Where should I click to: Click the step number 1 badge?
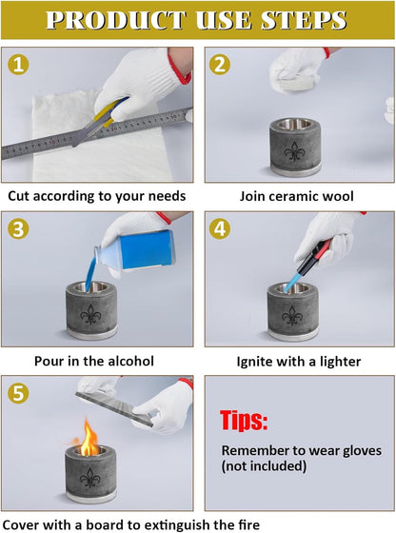pos(18,65)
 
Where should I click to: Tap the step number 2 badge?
pos(220,65)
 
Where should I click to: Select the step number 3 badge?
pos(18,228)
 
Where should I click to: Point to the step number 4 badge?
pos(220,228)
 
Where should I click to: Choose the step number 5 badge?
pos(18,393)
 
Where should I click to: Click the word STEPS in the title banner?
pos(304,20)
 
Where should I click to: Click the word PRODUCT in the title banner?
pos(116,20)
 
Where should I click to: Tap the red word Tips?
pos(244,421)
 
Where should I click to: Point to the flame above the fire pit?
pos(89,438)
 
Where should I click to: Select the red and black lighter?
pos(313,258)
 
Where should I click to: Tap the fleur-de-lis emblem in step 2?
pos(294,151)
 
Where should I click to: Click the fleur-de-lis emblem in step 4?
pos(292,315)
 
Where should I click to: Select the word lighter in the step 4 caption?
pos(340,362)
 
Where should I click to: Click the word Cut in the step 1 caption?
pos(19,196)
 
